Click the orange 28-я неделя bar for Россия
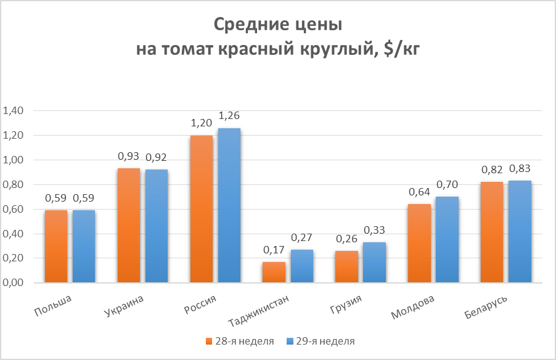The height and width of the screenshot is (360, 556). tap(202, 209)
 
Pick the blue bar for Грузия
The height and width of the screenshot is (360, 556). tap(374, 263)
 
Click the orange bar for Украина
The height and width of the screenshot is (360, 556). tap(129, 226)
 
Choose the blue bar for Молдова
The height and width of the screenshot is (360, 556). tap(446, 240)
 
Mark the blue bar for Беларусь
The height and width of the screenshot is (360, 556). tap(520, 232)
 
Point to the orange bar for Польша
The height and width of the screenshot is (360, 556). tap(56, 247)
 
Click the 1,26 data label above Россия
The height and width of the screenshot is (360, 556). tap(229, 115)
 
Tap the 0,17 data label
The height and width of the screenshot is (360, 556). tap(273, 250)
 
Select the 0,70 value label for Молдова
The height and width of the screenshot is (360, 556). tap(446, 184)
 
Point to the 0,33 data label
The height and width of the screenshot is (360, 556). tap(374, 230)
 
